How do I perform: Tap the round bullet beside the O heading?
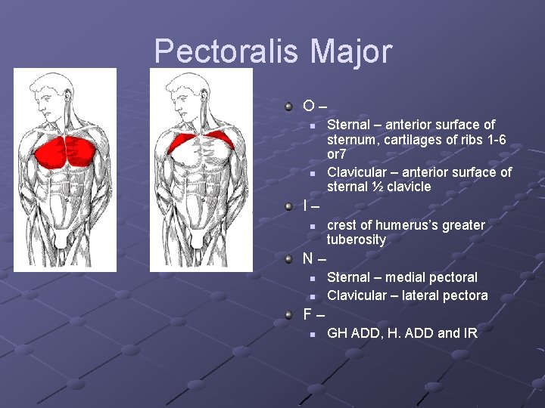288,106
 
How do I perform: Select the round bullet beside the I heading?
288,206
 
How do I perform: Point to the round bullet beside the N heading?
288,258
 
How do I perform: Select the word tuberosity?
356,240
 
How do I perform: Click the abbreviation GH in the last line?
337,332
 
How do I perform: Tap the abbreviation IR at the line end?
469,332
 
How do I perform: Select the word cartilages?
412,140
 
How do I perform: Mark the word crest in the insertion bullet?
343,225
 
